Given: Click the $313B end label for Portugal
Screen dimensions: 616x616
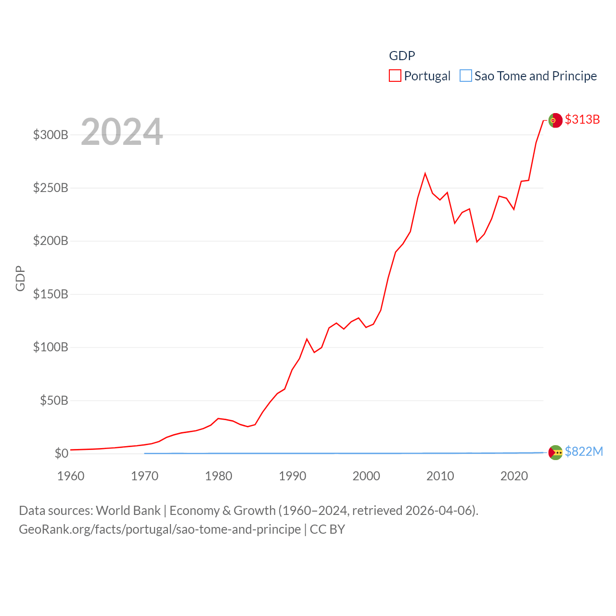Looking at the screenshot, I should [x=582, y=119].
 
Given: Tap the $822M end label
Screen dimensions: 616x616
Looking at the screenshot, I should [x=584, y=451].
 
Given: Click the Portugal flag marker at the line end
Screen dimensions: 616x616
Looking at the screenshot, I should [x=555, y=120].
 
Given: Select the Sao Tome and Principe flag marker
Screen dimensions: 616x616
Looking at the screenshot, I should [x=555, y=452].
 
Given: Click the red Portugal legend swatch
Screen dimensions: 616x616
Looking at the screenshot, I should [x=395, y=76].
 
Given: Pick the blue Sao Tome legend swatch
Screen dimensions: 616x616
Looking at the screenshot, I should [x=466, y=76].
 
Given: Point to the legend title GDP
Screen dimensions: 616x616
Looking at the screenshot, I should [x=402, y=56].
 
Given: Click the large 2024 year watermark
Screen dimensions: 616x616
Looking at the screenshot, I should [x=122, y=132].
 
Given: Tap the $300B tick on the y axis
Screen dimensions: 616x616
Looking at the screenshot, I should [x=51, y=135].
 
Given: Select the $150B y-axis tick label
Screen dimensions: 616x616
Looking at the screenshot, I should [x=51, y=294].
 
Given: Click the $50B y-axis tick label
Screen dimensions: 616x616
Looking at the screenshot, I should [x=54, y=400].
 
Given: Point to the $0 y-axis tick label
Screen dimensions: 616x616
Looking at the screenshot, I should [x=61, y=453].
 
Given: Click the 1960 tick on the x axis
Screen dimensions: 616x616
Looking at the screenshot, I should [x=71, y=476].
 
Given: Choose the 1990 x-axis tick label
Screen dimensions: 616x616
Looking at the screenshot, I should [x=293, y=476].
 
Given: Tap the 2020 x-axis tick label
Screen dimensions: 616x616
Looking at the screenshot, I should [x=514, y=476].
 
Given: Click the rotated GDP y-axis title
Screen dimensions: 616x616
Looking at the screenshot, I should [x=20, y=278].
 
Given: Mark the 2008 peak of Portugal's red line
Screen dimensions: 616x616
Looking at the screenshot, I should [x=425, y=174].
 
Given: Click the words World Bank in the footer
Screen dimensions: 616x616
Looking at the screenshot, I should [x=128, y=511].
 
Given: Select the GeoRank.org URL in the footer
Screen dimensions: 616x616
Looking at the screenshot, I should [x=160, y=529].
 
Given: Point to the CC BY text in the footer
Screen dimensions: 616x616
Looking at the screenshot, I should [x=327, y=529].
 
